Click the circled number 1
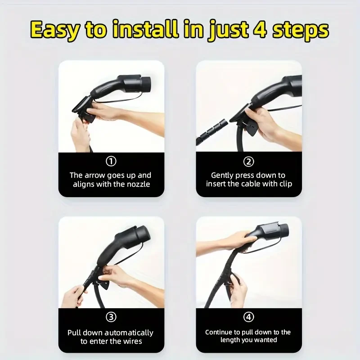[x=111, y=162]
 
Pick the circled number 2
[x=249, y=162]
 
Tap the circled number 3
[x=111, y=318]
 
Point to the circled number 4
[x=249, y=318]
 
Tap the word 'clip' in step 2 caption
[x=285, y=184]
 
